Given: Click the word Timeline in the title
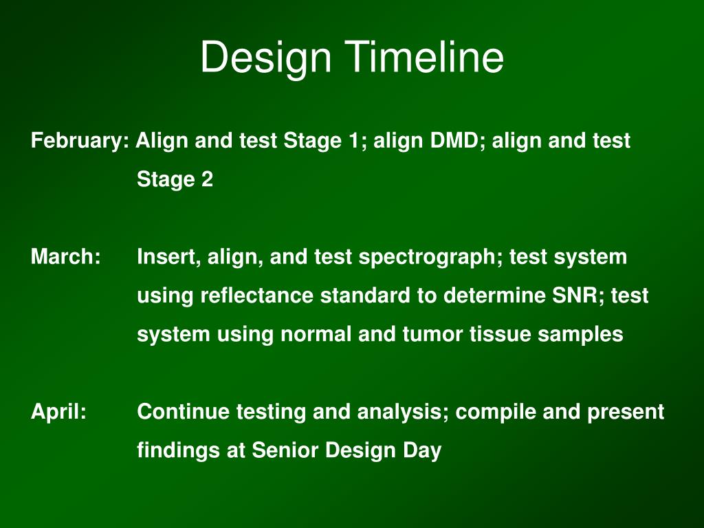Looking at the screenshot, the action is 424,58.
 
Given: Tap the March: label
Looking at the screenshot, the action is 65,257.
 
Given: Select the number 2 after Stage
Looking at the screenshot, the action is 207,179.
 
